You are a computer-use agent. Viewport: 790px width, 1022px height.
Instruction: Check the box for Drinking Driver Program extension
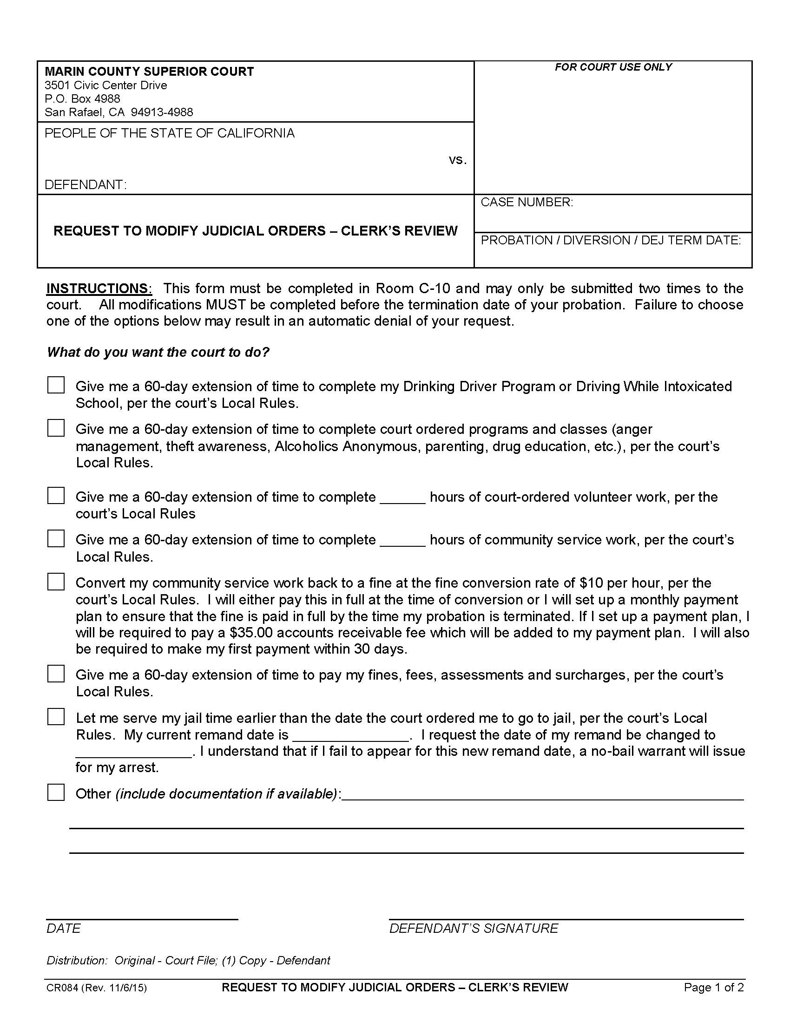(x=56, y=385)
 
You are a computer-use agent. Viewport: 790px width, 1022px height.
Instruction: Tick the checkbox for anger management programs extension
(x=56, y=428)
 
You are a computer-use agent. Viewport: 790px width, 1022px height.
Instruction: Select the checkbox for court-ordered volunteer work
(x=56, y=496)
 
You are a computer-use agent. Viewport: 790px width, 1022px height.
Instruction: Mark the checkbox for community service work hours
(x=56, y=538)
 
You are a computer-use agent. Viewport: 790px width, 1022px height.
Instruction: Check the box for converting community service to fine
(x=56, y=582)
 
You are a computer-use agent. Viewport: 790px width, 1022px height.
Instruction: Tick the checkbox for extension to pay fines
(x=56, y=674)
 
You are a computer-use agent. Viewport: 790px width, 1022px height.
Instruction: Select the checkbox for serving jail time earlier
(x=56, y=717)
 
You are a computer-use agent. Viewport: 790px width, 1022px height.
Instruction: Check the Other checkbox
(x=56, y=793)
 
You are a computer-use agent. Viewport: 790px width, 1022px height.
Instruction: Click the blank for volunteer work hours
(x=402, y=498)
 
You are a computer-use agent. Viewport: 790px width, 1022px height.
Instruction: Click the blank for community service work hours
(x=402, y=541)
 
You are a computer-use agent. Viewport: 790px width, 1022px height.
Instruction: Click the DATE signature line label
(x=64, y=929)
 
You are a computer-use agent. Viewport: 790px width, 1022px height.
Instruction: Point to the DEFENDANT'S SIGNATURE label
(x=474, y=929)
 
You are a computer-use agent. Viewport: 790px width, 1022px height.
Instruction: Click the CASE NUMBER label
(x=527, y=202)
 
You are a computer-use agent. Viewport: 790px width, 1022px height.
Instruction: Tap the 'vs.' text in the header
(x=458, y=160)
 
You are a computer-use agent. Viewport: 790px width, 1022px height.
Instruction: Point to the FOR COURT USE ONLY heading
(x=613, y=67)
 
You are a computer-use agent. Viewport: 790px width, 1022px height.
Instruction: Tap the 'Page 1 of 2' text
(x=713, y=988)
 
